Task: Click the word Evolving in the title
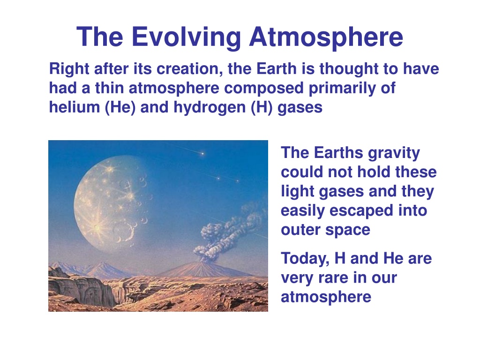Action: (187, 37)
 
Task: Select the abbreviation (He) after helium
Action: (120, 107)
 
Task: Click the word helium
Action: (75, 107)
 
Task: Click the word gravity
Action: (394, 153)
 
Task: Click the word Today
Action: (305, 259)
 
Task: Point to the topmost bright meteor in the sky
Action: (202, 153)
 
